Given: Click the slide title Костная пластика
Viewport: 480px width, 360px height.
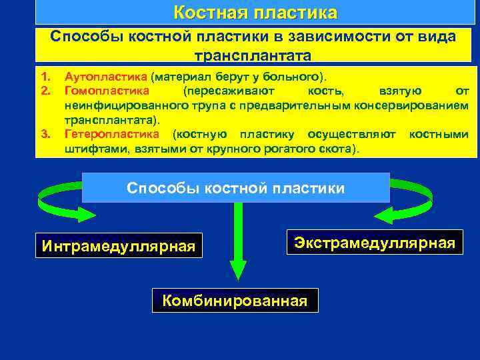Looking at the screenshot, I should (x=255, y=13).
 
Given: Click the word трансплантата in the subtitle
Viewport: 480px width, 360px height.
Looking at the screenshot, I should (x=253, y=55).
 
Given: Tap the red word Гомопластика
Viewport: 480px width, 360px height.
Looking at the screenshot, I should (x=107, y=90).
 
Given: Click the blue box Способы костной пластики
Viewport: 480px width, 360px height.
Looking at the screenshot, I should (x=235, y=188).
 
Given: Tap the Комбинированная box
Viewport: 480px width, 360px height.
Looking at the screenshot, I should (x=235, y=300).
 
